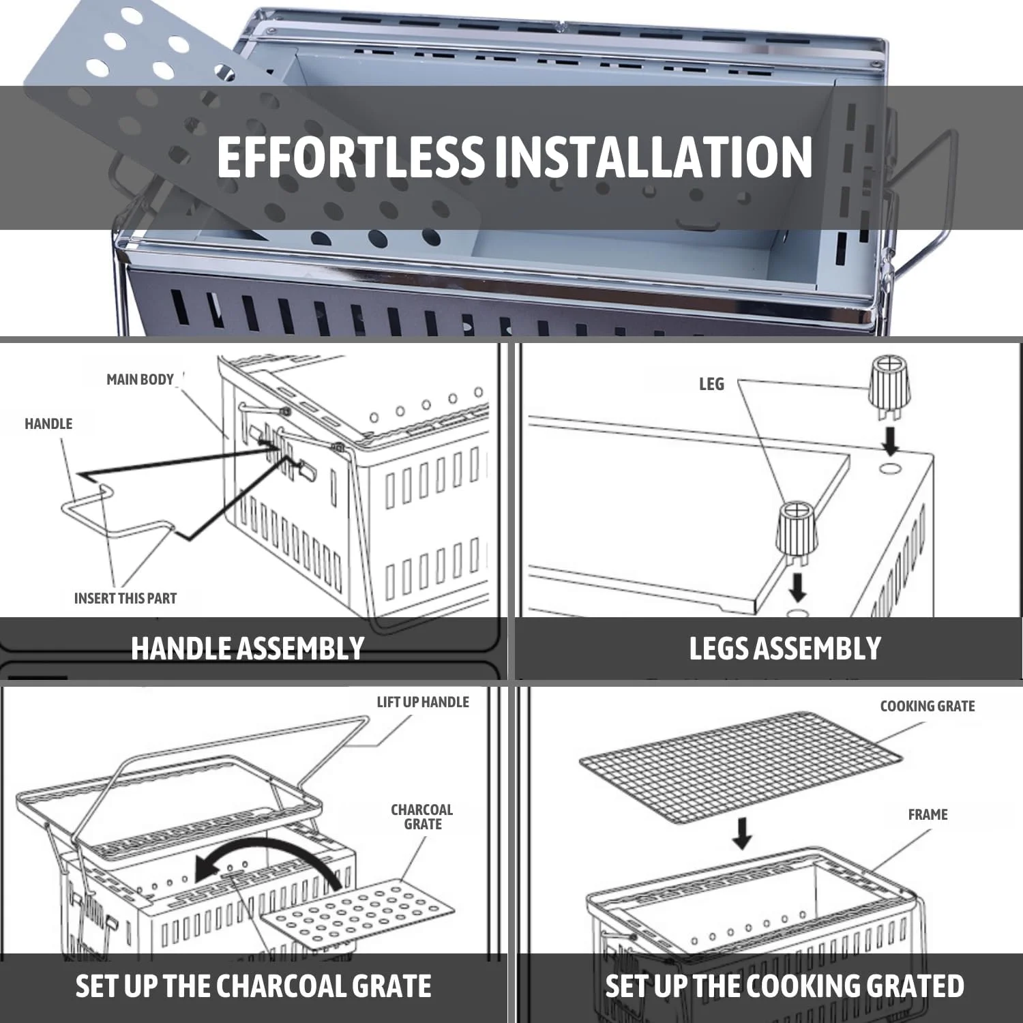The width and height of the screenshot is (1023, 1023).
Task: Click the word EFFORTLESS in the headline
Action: pyautogui.click(x=350, y=157)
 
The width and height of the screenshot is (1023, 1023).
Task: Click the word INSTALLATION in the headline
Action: pyautogui.click(x=653, y=157)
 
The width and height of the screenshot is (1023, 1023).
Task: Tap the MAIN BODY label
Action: pyautogui.click(x=140, y=380)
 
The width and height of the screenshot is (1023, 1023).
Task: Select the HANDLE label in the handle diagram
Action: pyautogui.click(x=48, y=424)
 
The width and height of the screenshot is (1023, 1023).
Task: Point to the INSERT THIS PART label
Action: pyautogui.click(x=125, y=599)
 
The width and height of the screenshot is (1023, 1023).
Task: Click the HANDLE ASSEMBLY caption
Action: pyautogui.click(x=248, y=649)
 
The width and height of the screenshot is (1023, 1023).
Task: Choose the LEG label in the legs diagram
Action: pyautogui.click(x=711, y=385)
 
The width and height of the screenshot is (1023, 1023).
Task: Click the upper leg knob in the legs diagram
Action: pyautogui.click(x=889, y=389)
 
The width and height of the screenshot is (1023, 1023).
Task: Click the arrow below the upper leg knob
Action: pyautogui.click(x=890, y=441)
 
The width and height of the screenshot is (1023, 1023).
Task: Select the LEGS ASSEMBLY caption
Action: pyautogui.click(x=785, y=649)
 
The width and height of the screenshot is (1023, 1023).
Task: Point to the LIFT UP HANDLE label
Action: pyautogui.click(x=423, y=702)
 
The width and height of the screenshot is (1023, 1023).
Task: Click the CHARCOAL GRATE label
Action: pyautogui.click(x=422, y=817)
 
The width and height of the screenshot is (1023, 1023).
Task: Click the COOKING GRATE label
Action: pyautogui.click(x=928, y=707)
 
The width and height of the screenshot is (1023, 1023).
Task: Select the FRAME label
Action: pyautogui.click(x=928, y=815)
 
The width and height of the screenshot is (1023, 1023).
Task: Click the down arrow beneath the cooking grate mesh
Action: pyautogui.click(x=743, y=833)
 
